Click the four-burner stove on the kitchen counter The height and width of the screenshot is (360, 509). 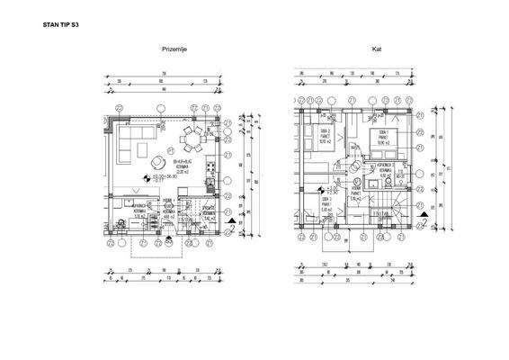click(x=210, y=167)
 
